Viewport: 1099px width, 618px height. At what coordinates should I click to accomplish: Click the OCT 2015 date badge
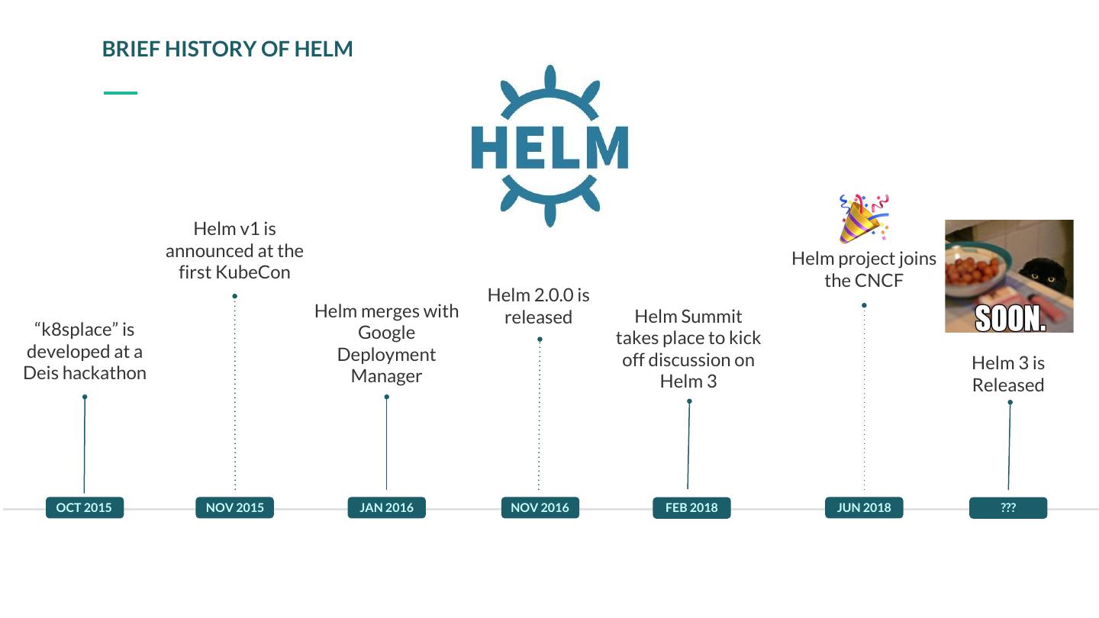click(84, 507)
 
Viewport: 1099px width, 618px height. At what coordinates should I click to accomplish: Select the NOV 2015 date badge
click(234, 507)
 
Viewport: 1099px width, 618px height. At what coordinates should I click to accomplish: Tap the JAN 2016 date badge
click(386, 507)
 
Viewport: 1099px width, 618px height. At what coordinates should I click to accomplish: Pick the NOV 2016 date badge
click(540, 507)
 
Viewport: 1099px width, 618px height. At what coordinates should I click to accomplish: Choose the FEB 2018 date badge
click(691, 507)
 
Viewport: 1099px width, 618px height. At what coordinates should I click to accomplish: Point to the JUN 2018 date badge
click(864, 507)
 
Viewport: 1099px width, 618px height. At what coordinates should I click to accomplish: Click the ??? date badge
click(1008, 507)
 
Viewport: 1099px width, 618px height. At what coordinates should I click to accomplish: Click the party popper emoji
click(863, 218)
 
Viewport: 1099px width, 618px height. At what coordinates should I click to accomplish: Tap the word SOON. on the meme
click(1010, 319)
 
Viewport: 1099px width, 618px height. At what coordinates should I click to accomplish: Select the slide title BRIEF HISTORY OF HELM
click(227, 49)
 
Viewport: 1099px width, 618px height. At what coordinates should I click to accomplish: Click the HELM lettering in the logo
click(549, 146)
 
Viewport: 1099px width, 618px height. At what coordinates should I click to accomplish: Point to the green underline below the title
click(121, 93)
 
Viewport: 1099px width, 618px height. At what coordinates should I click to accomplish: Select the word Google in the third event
click(386, 333)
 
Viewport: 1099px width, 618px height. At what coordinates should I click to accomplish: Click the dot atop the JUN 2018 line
click(864, 305)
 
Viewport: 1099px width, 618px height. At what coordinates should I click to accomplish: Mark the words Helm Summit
click(688, 316)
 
